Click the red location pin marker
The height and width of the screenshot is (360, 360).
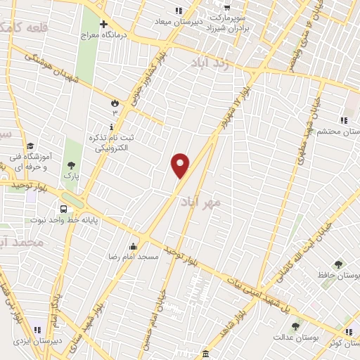point(181,165)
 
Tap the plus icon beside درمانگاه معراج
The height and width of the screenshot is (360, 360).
point(103,25)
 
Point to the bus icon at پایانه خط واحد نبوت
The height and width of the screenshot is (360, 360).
point(64,209)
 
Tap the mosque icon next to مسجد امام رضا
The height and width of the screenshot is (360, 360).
point(133,246)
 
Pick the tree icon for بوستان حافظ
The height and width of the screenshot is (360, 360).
point(339,264)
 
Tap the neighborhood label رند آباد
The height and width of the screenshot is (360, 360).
point(210,63)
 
